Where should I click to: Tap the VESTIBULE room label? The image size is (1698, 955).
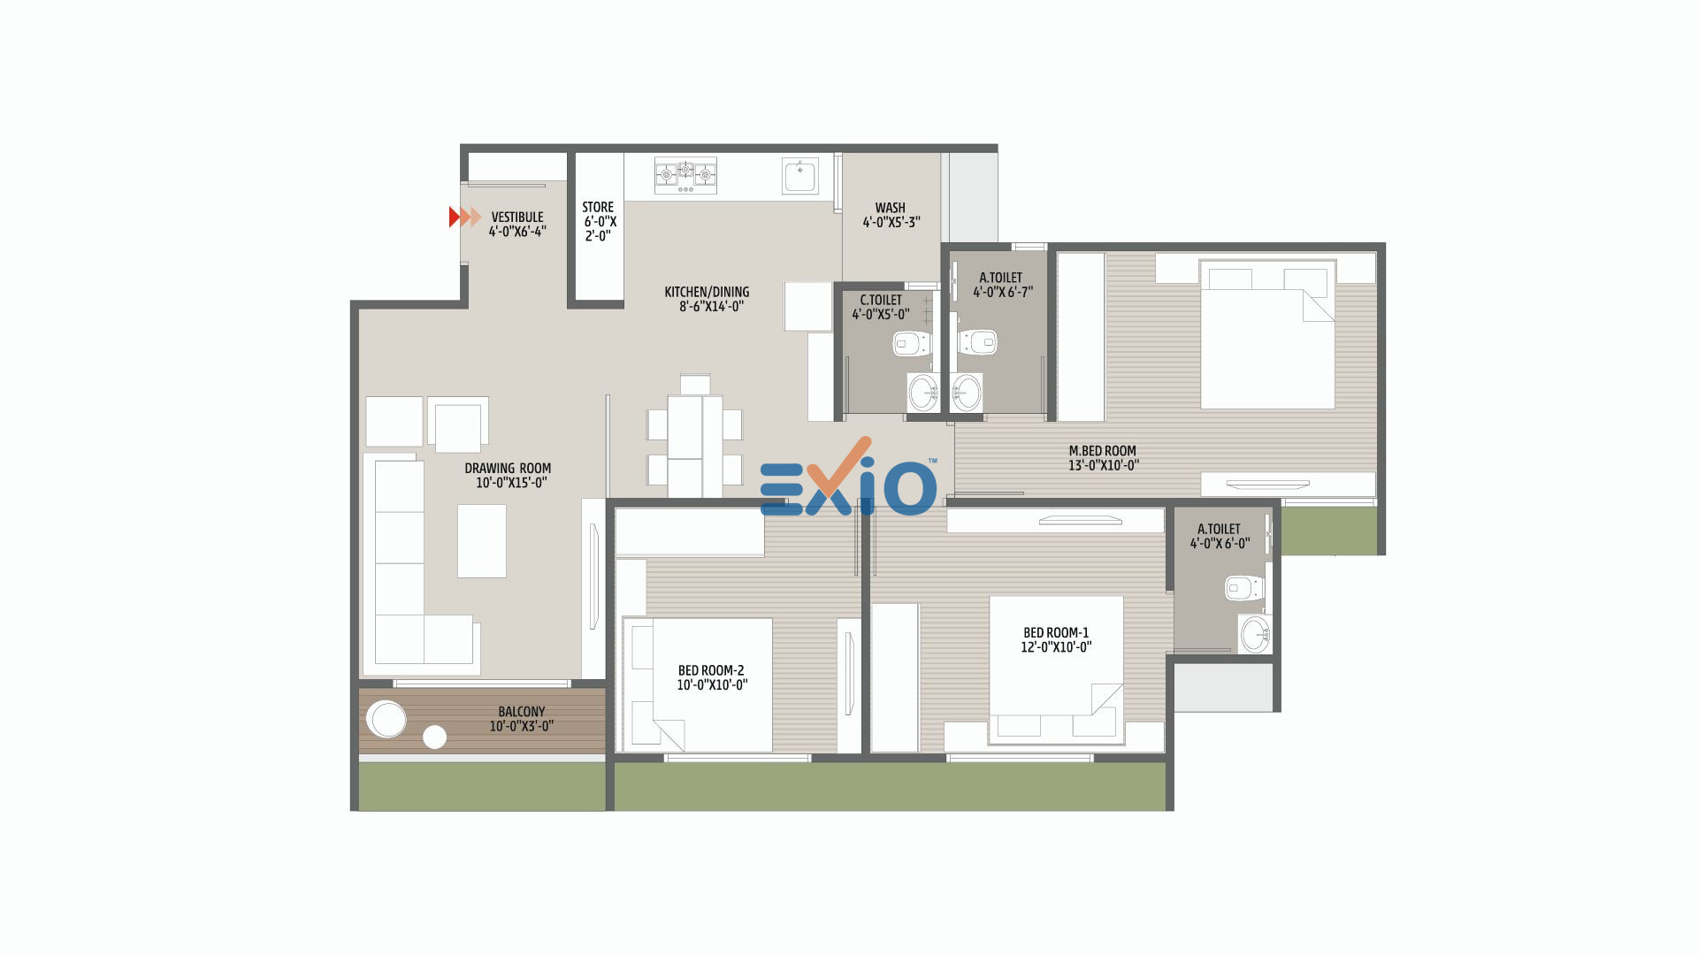517,217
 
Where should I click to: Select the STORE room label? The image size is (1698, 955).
598,207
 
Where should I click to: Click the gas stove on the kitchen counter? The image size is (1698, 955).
685,176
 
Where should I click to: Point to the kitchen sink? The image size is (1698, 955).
800,175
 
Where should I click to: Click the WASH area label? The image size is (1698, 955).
891,208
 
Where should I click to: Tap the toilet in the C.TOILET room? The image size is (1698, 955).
912,342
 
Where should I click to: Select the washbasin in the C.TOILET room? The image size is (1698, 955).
923,392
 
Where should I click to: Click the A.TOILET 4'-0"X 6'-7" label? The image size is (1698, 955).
1001,285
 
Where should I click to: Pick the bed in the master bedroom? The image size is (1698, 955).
1266,334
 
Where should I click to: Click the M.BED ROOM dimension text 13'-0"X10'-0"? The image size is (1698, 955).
1104,465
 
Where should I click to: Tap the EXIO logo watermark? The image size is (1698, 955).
847,478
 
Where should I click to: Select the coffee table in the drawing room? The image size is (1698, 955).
482,541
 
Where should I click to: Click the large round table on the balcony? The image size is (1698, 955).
386,719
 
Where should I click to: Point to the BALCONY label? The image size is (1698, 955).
522,712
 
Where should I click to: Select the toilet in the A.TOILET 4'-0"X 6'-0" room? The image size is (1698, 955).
1244,588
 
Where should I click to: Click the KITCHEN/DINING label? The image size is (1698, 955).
707,292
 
